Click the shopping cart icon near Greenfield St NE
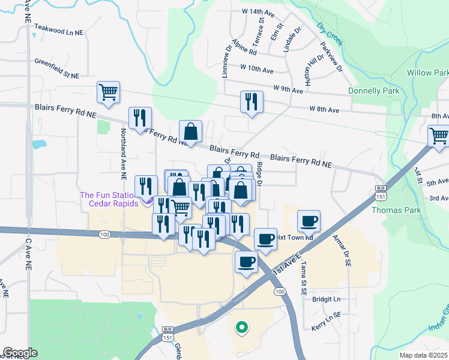(109, 92)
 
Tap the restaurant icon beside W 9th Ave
(252, 102)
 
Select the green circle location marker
(241, 327)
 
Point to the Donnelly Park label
(374, 91)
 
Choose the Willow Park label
(427, 73)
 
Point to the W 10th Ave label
(256, 69)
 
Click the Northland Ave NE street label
(123, 154)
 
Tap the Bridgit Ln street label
(326, 299)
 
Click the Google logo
(20, 353)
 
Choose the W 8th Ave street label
(324, 109)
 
